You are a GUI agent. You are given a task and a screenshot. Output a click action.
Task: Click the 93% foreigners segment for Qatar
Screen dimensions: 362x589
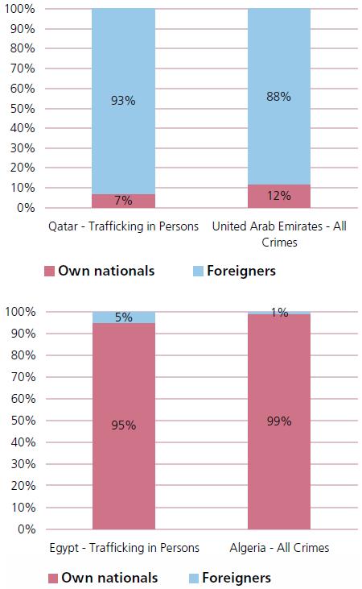(x=123, y=102)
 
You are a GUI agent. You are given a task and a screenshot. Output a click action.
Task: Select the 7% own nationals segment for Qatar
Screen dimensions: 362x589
(x=123, y=201)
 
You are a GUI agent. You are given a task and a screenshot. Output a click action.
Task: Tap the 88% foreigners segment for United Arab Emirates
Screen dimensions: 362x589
(x=279, y=97)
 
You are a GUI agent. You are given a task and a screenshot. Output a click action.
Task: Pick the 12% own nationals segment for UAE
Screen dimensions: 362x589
(x=279, y=196)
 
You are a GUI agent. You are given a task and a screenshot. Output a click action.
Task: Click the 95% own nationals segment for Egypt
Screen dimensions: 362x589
(x=123, y=426)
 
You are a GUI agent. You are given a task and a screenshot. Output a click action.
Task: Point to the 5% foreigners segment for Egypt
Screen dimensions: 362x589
(x=123, y=317)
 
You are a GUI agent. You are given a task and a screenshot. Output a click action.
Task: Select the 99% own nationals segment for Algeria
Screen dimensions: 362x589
(x=279, y=421)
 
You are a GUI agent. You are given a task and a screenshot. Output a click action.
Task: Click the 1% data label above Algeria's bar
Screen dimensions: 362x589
(x=280, y=312)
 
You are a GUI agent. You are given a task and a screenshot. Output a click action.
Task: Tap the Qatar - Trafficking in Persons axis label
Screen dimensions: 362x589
(x=123, y=226)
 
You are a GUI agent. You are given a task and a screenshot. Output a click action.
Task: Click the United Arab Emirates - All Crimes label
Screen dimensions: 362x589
(x=279, y=234)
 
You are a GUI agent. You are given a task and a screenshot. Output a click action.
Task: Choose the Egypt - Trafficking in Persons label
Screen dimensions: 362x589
(x=124, y=548)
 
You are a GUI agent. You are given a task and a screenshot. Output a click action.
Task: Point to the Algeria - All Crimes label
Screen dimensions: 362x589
(x=279, y=548)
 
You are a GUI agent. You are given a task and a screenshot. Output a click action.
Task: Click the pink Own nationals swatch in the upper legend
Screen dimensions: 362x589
(x=50, y=272)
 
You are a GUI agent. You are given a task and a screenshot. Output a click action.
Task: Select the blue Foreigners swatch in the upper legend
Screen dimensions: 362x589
(x=198, y=272)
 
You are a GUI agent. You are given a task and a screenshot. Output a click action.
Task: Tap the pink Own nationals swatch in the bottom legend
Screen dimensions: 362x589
(x=53, y=578)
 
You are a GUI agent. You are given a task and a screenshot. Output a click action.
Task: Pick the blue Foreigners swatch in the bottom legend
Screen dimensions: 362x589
(x=194, y=578)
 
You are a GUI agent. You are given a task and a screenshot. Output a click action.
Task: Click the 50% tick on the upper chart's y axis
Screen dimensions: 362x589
(x=23, y=109)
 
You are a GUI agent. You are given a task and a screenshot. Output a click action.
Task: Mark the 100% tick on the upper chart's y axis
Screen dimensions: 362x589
(x=19, y=9)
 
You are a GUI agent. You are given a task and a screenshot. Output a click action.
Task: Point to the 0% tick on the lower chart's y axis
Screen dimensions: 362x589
(x=27, y=529)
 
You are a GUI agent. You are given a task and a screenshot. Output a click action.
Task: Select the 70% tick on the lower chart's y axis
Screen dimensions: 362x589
(x=23, y=377)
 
